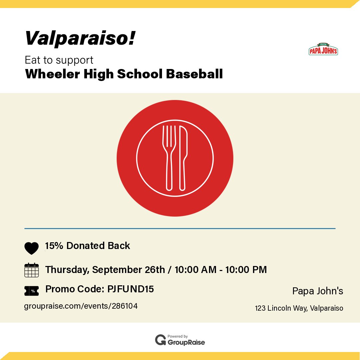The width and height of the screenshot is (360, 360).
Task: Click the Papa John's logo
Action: point(323,49)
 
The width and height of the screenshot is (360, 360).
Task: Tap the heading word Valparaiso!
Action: point(80,38)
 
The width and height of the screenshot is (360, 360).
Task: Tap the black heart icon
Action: point(31,248)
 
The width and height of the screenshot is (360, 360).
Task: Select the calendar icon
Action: point(31,270)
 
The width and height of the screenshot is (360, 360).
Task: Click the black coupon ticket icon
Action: point(31,291)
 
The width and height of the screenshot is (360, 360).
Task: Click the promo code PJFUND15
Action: point(131,289)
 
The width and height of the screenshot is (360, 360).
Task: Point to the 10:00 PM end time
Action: point(246,269)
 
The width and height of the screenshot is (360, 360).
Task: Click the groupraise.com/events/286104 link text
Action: point(81,306)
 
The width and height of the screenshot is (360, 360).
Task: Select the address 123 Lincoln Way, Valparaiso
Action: point(299,308)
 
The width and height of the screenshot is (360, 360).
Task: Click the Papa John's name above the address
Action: point(318,291)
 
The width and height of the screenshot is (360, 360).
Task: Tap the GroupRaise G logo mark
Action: point(161,340)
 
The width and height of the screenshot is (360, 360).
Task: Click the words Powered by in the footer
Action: point(178,336)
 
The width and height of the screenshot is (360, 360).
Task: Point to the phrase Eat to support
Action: point(59,60)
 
